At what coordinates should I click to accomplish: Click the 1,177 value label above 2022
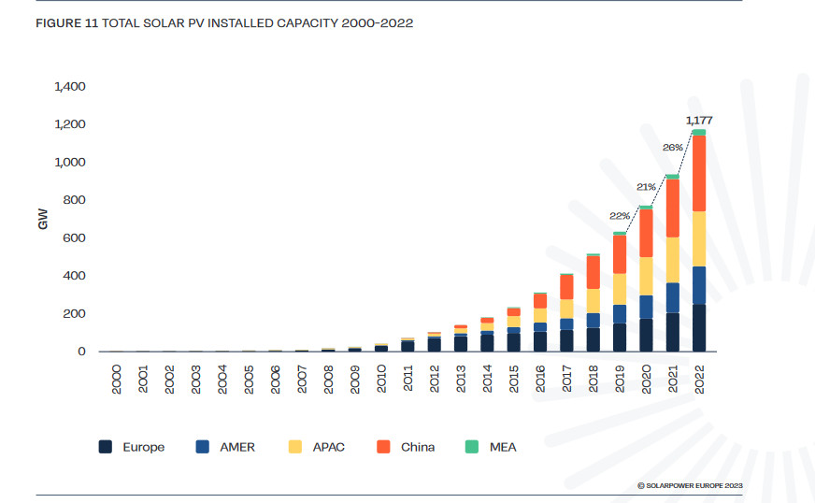click(698, 120)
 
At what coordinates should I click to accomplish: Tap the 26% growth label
click(673, 148)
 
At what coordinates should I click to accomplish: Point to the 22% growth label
click(621, 216)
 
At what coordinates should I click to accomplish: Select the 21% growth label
click(647, 187)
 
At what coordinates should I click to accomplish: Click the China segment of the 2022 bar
click(698, 174)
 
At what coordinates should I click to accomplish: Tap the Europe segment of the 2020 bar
click(646, 335)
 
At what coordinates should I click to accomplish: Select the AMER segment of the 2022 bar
click(698, 285)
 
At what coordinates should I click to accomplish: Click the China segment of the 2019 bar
click(620, 254)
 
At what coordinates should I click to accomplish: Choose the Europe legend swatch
click(107, 447)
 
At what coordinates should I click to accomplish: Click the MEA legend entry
click(490, 447)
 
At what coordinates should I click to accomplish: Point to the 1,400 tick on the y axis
click(70, 87)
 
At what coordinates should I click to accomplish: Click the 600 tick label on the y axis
click(74, 238)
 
